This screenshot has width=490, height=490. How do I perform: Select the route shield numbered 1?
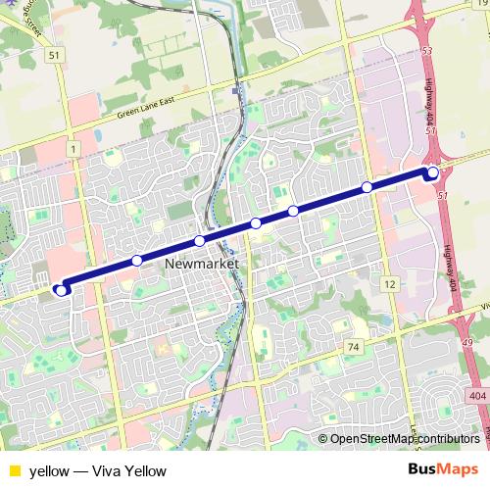[73, 147]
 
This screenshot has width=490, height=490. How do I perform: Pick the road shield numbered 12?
[390, 283]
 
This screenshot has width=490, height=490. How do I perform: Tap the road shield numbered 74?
[354, 347]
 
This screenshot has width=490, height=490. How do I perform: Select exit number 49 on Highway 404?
[465, 342]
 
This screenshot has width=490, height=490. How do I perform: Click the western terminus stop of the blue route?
[62, 289]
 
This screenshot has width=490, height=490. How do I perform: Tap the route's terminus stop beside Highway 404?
[433, 173]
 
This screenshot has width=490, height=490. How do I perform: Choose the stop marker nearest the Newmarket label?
[199, 241]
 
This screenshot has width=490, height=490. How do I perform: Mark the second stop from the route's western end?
[137, 261]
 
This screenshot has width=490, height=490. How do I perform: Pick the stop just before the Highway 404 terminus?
[367, 186]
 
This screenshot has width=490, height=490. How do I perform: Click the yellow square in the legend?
[14, 470]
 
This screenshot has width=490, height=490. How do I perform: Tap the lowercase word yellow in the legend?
[49, 470]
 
